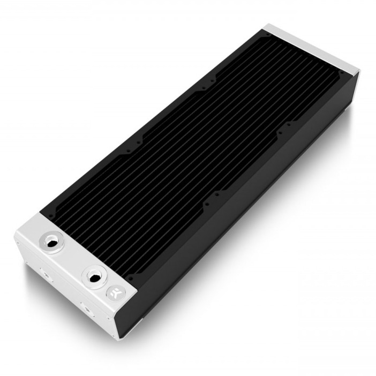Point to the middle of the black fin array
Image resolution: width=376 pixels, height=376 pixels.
point(193,145)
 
